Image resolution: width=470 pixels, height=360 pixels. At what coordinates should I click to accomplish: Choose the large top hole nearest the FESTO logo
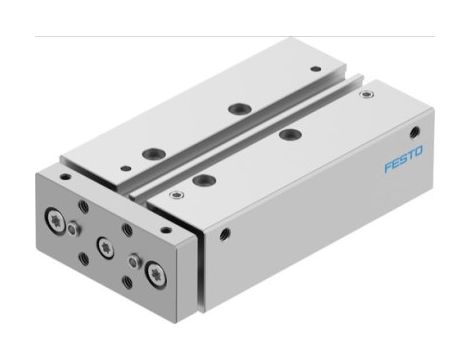(x=289, y=134)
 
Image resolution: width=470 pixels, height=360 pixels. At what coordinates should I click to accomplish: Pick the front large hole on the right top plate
(x=205, y=179)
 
